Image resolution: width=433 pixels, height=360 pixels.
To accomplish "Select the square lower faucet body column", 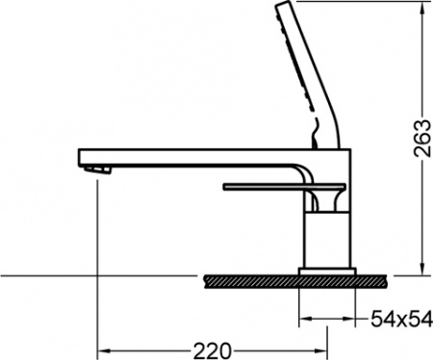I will [x=327, y=241].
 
